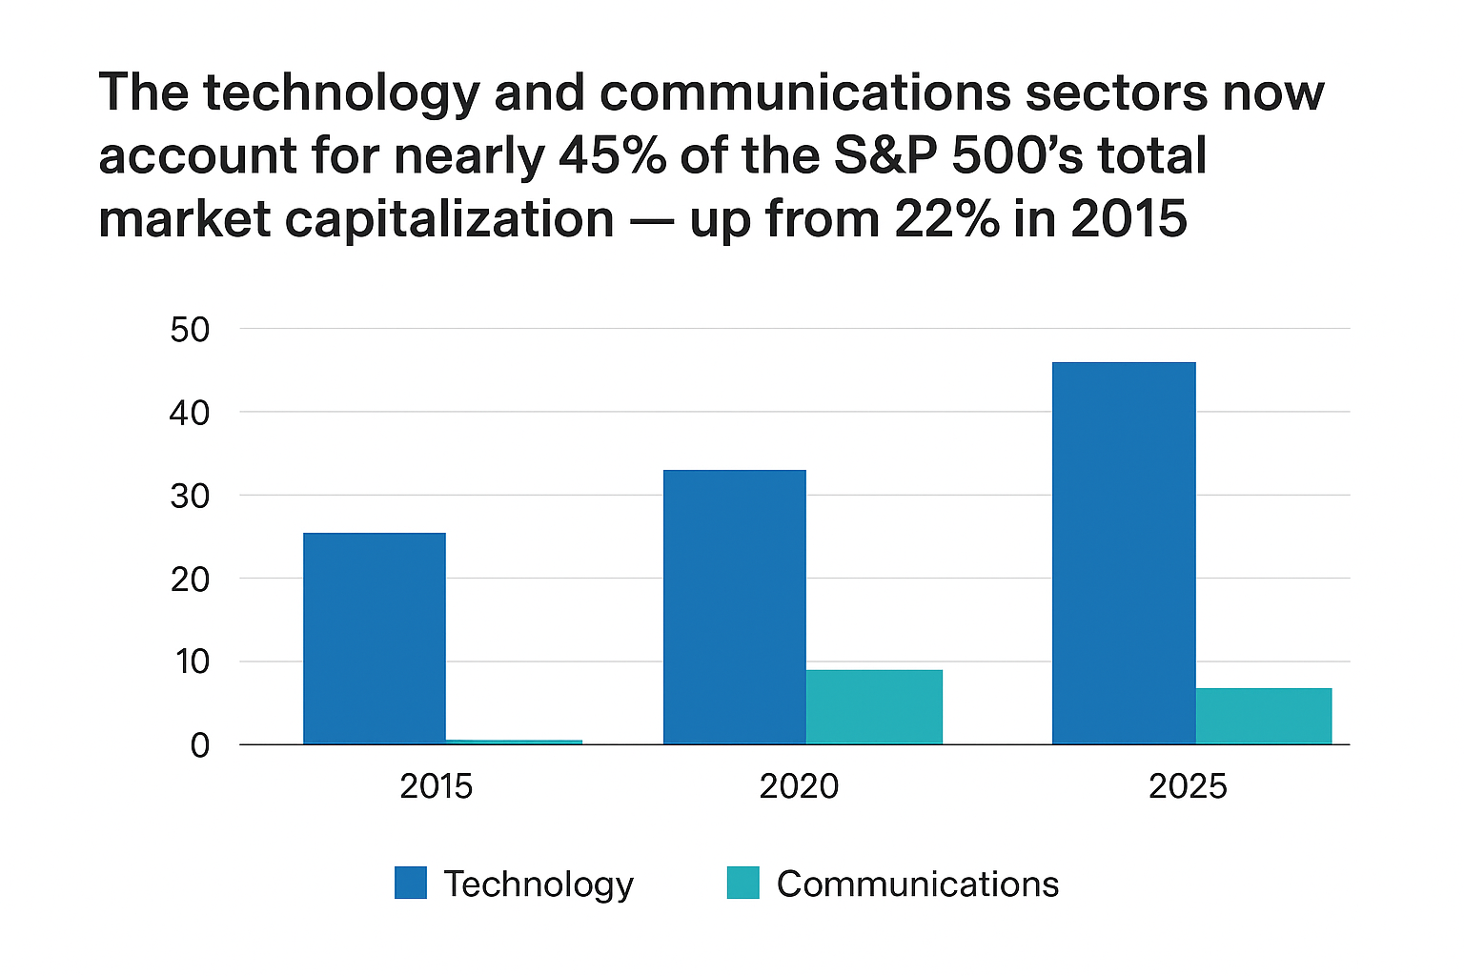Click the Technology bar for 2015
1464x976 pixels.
coord(375,638)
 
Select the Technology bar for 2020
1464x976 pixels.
coord(734,606)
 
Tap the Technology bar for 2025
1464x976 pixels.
coord(1124,553)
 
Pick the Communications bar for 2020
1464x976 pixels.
coord(874,706)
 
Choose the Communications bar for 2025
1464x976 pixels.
coord(1263,716)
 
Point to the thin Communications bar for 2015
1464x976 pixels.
coord(514,741)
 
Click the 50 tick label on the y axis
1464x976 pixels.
coord(190,330)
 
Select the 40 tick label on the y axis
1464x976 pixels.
coord(190,413)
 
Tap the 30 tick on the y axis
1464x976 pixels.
coord(190,496)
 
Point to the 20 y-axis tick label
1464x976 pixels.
coord(190,579)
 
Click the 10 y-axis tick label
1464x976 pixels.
coord(190,661)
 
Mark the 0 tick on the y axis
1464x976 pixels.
coord(199,744)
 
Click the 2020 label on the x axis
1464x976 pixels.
coord(799,786)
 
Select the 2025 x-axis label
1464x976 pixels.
coord(1188,786)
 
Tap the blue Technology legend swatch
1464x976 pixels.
coord(411,883)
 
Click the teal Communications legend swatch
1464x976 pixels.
coord(742,883)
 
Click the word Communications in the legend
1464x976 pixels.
coord(917,884)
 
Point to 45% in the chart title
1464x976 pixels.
coord(612,155)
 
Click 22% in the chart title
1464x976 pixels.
coord(947,219)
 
